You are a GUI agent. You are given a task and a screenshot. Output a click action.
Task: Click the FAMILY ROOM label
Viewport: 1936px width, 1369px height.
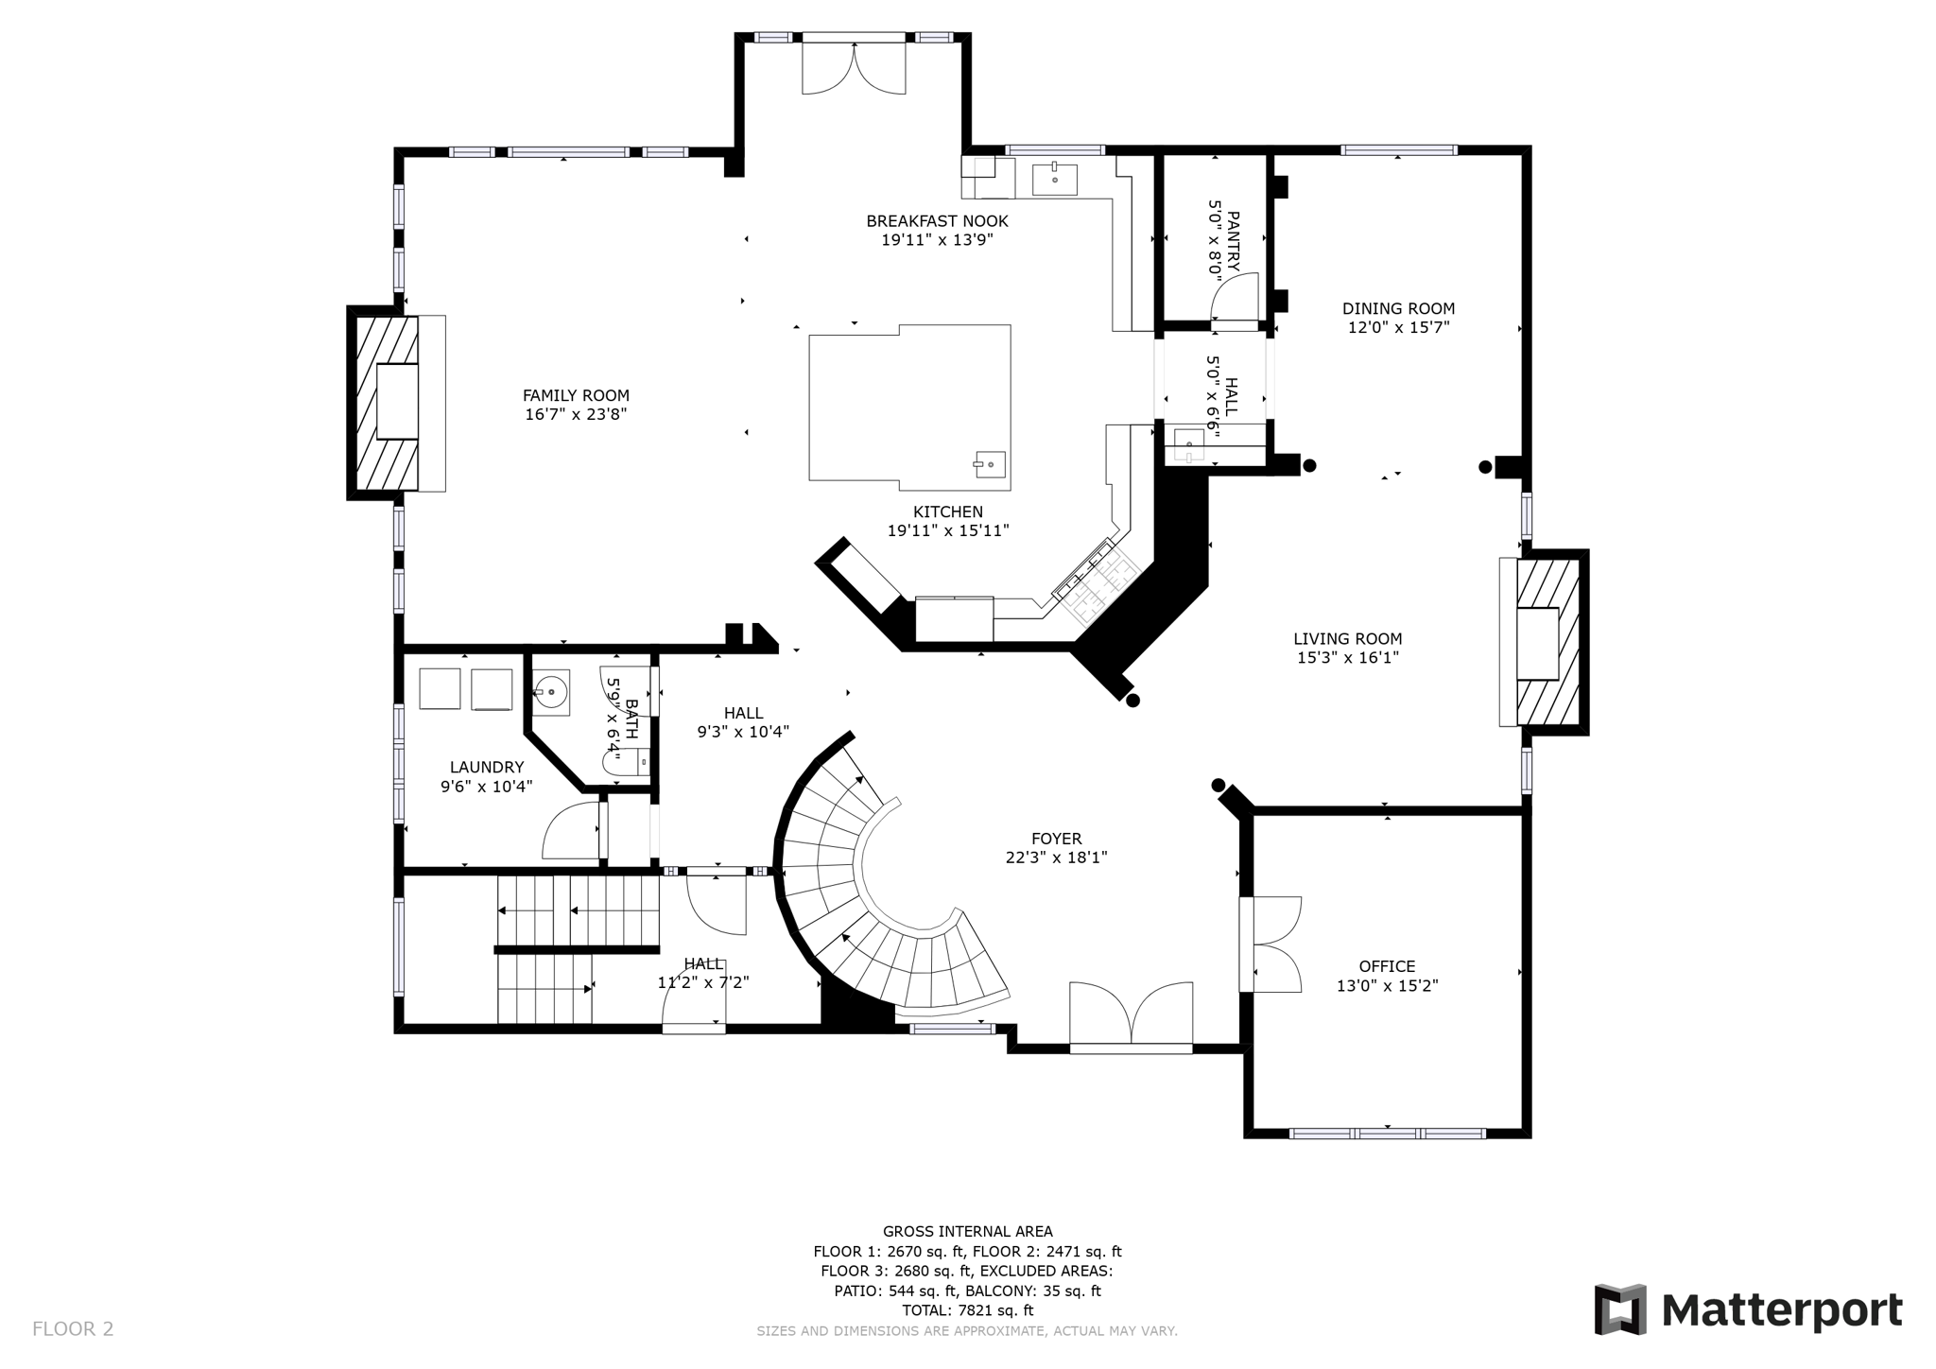[576, 395]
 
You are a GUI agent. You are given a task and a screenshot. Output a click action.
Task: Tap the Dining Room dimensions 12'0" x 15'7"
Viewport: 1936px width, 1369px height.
[1398, 328]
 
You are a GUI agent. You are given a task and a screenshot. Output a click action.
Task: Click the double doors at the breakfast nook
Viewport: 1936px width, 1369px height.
[854, 67]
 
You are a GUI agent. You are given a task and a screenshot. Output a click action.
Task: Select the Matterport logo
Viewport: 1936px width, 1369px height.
[1748, 1310]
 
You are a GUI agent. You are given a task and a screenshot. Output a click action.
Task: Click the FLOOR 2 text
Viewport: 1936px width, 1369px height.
[73, 1329]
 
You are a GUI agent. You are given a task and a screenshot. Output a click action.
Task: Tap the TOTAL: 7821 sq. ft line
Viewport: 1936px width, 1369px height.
[967, 1310]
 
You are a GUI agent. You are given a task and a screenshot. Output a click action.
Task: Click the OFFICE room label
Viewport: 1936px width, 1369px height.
[1387, 966]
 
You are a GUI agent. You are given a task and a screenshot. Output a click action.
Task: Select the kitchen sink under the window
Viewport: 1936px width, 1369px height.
[1054, 178]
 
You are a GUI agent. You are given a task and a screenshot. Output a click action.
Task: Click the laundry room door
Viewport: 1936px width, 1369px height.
[572, 832]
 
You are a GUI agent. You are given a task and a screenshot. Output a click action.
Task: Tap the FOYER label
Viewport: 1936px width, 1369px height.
[1056, 839]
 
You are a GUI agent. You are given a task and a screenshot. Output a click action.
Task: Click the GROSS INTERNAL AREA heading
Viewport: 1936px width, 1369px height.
[967, 1231]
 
